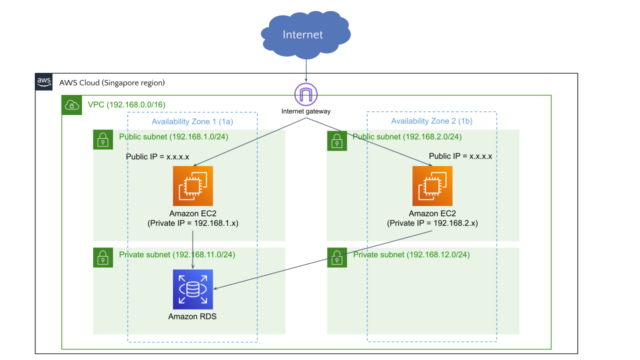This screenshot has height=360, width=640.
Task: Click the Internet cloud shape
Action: [x=303, y=36]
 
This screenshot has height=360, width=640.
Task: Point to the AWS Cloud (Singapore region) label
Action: [x=111, y=82]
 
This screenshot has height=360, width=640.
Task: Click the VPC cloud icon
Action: [x=71, y=104]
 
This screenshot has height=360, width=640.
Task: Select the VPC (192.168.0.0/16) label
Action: [x=126, y=104]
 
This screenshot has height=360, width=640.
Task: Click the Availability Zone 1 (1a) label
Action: [x=193, y=120]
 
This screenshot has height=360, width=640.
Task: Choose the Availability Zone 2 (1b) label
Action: [x=433, y=120]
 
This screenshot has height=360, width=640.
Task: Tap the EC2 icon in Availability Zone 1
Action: [x=194, y=187]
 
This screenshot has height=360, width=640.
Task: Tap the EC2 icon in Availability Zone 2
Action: [x=433, y=187]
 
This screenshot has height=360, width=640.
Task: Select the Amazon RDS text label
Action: [x=194, y=317]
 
